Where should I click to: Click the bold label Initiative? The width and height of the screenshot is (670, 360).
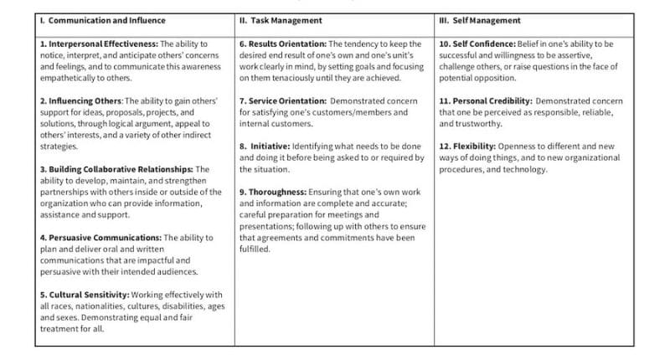click(270, 147)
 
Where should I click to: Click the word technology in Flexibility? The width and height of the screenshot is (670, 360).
click(523, 169)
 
